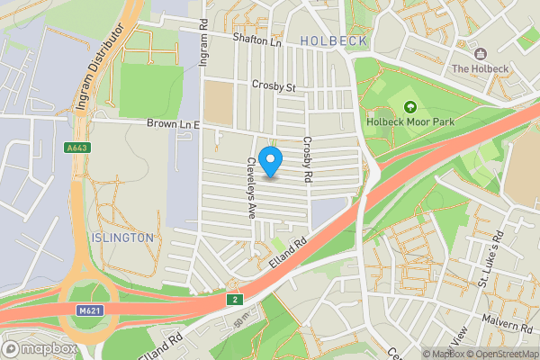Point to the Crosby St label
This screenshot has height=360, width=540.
[x=274, y=87]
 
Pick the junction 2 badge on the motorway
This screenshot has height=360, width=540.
[x=235, y=299]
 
